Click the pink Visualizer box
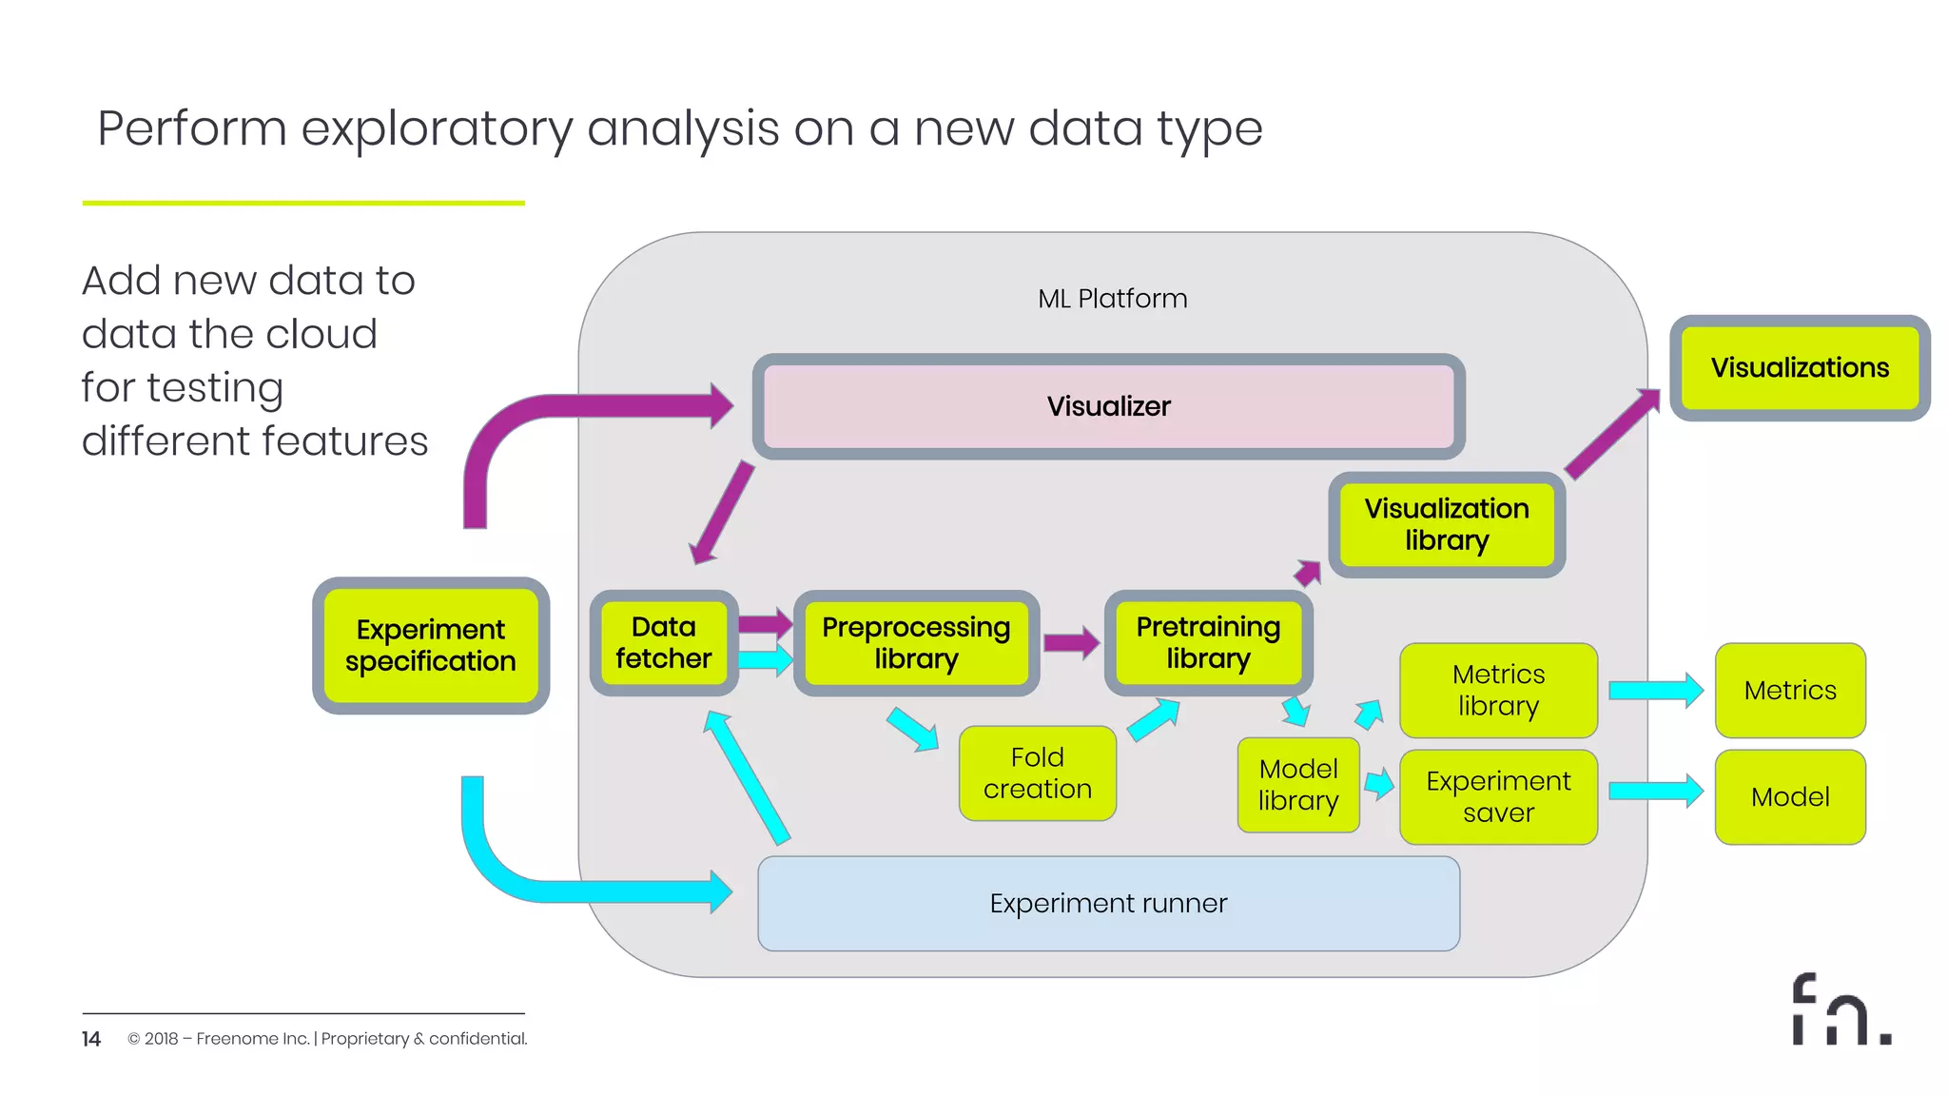coord(1108,406)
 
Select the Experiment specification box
coord(431,645)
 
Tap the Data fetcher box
coord(663,642)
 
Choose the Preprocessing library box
coord(916,642)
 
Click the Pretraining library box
coord(1208,642)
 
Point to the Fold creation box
coord(1037,773)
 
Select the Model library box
coord(1297,785)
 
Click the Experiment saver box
coord(1498,796)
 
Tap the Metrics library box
coord(1498,690)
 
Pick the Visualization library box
coord(1446,524)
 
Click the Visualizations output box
coord(1800,368)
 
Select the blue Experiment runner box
coord(1108,903)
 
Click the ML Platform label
coord(1112,299)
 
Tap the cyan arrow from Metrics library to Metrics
coord(1655,691)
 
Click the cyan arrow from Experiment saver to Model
coord(1655,791)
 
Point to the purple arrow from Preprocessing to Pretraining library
coord(1071,643)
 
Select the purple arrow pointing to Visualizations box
coord(1612,433)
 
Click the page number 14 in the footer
coord(91,1039)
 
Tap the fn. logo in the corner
coord(1840,1010)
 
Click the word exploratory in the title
coord(437,129)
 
